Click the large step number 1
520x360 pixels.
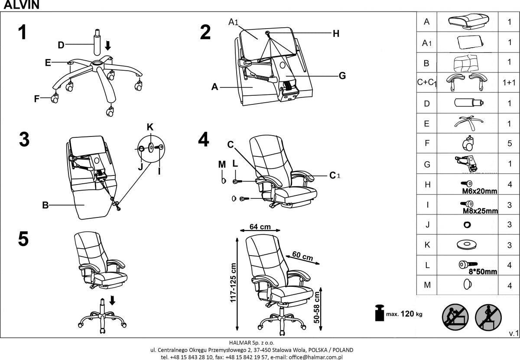tap(23, 33)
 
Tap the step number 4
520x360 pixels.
tap(204, 139)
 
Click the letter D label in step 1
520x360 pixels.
tap(61, 45)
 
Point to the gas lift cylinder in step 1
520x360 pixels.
tap(96, 41)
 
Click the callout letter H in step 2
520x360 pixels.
tap(336, 33)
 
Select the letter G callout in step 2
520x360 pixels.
tap(342, 76)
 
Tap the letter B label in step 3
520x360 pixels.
tap(45, 205)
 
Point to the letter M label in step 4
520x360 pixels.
tap(222, 164)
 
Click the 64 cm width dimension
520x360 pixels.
tap(260, 227)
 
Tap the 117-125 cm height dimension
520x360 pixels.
tap(233, 282)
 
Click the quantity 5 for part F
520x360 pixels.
tap(510, 143)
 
